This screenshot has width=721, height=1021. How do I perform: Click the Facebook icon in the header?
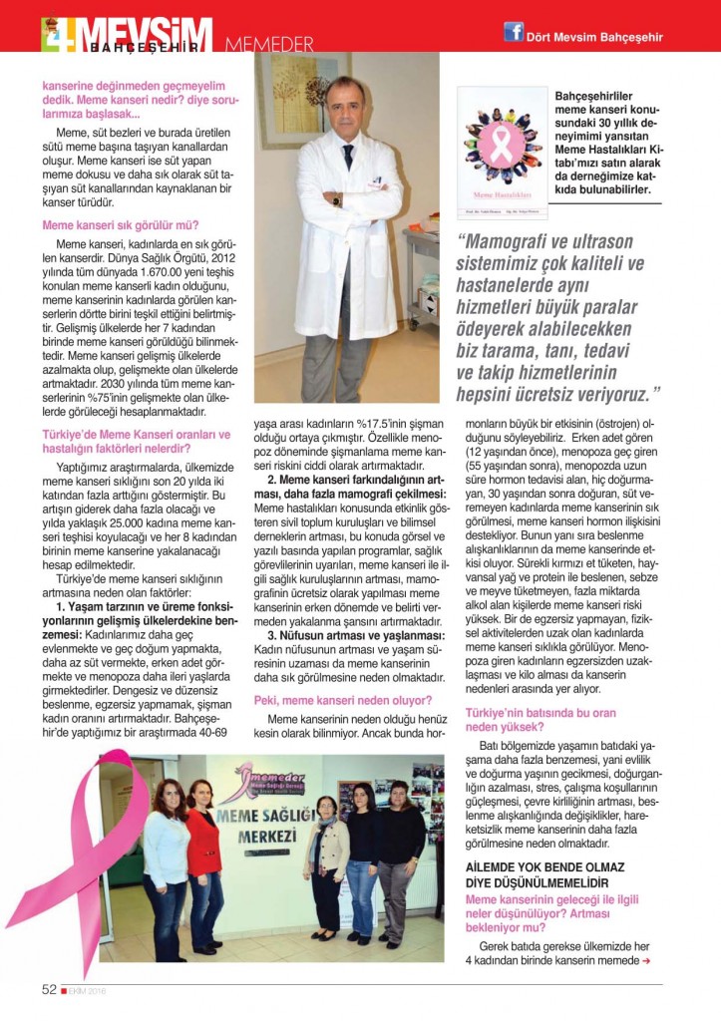point(514,32)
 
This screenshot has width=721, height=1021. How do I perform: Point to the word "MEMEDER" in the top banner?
point(266,45)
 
